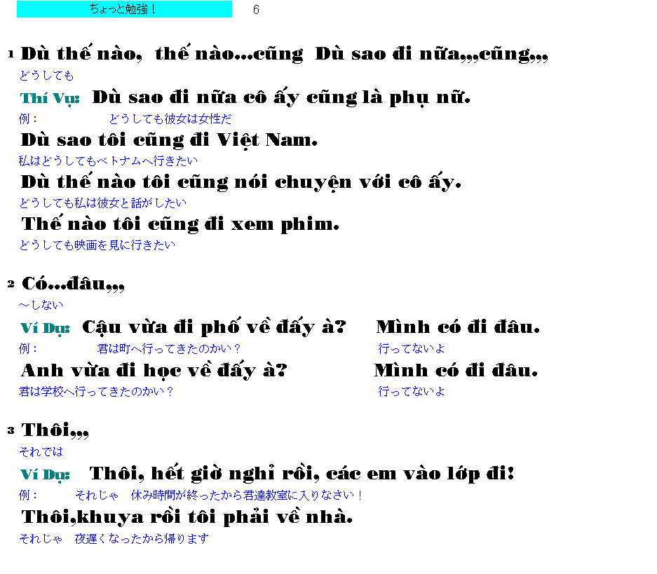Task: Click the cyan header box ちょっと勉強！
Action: [x=124, y=9]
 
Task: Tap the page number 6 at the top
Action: [x=256, y=10]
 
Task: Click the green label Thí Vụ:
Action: [x=50, y=99]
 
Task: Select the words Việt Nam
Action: [x=267, y=140]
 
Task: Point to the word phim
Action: [x=310, y=224]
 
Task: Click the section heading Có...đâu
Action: [x=73, y=283]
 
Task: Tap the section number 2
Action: [x=11, y=285]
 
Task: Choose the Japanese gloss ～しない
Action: [x=41, y=305]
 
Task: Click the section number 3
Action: [x=11, y=430]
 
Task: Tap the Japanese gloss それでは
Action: [x=41, y=451]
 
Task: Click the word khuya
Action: [x=110, y=518]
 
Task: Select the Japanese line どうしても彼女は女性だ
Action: [x=170, y=119]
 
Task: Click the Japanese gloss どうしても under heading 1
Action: [x=46, y=76]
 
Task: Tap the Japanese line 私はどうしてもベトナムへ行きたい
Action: [x=108, y=160]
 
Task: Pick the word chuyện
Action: [x=313, y=182]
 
